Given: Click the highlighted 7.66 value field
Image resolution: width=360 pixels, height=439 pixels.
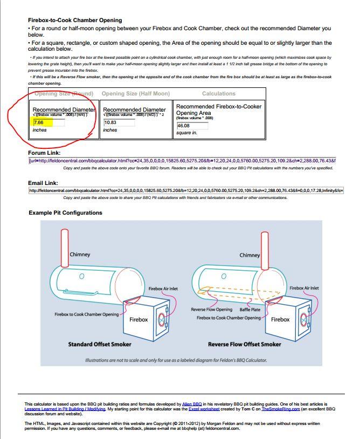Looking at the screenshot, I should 49,123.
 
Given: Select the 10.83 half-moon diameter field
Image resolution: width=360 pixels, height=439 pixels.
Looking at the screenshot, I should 119,122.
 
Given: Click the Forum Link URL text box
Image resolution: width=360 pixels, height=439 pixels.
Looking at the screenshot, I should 182,160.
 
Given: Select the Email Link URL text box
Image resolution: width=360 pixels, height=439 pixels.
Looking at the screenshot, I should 186,190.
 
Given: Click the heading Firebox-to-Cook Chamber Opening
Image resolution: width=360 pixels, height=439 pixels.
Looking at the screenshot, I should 75,20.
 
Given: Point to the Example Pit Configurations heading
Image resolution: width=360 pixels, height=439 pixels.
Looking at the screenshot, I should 65,212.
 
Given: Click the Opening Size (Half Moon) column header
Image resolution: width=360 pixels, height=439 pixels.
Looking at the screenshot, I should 135,94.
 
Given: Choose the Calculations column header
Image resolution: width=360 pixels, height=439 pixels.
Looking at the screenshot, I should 219,94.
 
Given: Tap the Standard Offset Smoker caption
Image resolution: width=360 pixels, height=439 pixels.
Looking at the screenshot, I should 99,344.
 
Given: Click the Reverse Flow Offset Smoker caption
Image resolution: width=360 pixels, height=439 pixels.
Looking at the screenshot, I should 244,344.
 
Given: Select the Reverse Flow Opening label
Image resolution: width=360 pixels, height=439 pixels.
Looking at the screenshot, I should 212,310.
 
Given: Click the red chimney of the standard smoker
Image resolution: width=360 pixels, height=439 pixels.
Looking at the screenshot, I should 66,245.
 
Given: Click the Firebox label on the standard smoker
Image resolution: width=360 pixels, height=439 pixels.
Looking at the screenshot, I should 139,319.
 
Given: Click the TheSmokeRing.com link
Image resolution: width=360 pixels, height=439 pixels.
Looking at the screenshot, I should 281,409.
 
